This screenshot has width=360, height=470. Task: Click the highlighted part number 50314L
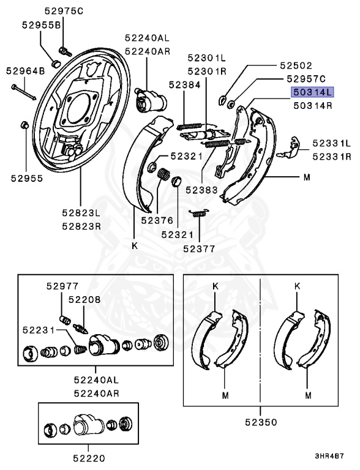tap(312, 92)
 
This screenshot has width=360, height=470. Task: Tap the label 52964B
tap(26, 71)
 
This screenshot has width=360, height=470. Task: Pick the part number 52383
tap(203, 190)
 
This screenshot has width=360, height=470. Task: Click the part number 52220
tap(90, 457)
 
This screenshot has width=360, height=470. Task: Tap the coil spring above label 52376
tap(163, 176)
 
